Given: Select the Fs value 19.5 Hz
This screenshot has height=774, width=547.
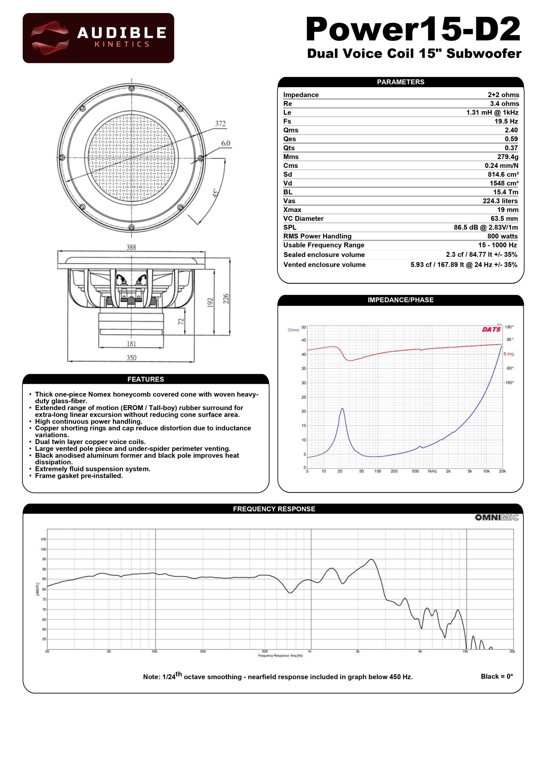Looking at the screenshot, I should click(x=506, y=121).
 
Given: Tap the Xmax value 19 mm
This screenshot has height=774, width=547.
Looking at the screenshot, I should click(x=508, y=210).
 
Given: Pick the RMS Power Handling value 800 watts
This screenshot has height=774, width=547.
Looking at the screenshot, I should click(x=502, y=236).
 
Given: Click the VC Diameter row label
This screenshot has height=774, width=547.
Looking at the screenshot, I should click(x=303, y=219).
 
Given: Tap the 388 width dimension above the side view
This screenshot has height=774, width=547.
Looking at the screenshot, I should click(x=131, y=247).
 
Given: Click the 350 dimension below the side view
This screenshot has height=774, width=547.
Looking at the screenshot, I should click(x=131, y=357).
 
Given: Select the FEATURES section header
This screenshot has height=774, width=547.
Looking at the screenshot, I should click(x=146, y=379).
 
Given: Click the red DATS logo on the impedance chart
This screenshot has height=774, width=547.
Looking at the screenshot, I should click(x=491, y=329).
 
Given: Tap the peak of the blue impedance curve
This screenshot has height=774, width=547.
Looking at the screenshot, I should click(x=342, y=409).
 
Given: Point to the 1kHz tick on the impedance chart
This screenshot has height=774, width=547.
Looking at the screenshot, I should click(x=432, y=471).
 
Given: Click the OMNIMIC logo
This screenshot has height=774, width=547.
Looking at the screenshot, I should click(x=497, y=518).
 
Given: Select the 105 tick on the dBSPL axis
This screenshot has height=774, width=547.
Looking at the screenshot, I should click(x=43, y=539).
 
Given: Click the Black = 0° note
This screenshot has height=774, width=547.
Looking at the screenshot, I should click(x=497, y=676).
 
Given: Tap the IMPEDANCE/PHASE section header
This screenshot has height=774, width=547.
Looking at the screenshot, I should click(x=400, y=300).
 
